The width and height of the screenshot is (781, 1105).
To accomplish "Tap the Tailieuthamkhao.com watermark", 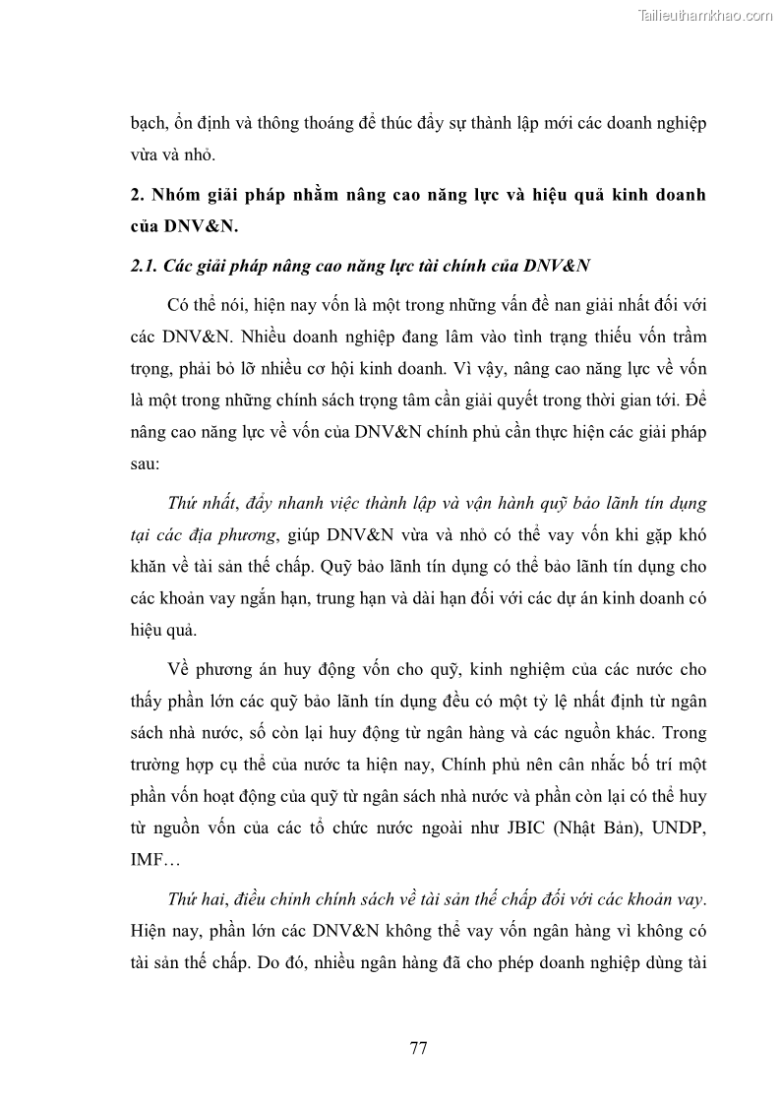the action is [x=706, y=15].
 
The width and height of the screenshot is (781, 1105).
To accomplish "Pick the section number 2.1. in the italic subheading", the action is [x=146, y=267].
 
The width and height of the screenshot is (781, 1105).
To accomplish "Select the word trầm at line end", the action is [x=685, y=337].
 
